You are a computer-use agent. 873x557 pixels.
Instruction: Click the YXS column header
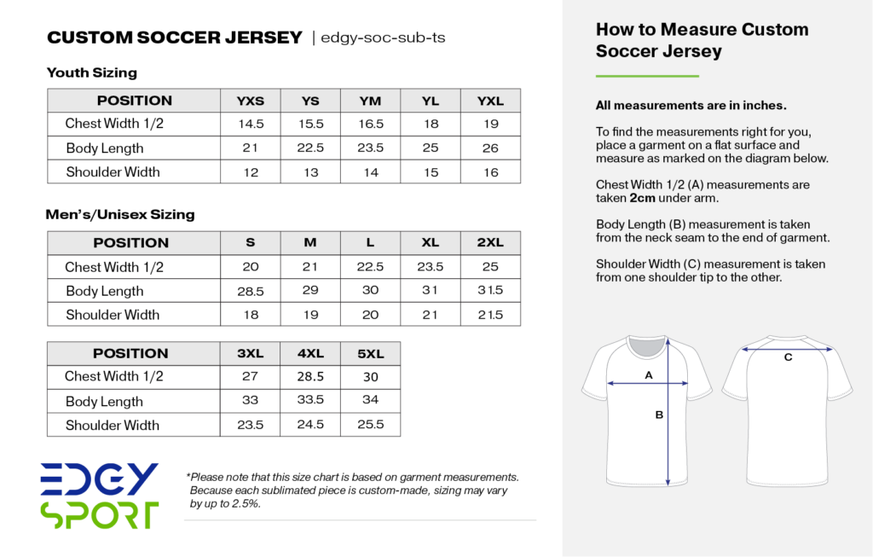[251, 101]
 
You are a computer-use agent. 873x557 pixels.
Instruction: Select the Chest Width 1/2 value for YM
[371, 124]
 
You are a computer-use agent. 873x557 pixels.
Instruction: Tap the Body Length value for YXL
[490, 148]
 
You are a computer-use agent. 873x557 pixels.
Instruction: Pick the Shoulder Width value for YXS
[251, 172]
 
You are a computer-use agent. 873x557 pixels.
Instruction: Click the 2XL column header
[490, 242]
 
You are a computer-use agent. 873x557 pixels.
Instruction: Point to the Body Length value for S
[251, 291]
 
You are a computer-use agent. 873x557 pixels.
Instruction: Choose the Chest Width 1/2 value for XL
[431, 267]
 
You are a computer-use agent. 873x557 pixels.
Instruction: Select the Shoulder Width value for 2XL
[490, 315]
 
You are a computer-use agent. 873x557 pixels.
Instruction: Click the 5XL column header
[371, 353]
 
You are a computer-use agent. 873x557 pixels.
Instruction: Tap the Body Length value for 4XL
[310, 401]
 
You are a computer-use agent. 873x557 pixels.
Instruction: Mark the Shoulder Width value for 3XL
[251, 425]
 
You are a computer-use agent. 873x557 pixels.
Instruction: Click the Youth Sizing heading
[92, 73]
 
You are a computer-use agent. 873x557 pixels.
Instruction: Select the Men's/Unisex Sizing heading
[120, 214]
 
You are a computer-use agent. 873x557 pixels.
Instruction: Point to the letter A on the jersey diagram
[648, 374]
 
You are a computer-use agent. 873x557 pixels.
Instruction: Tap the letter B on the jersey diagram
[659, 415]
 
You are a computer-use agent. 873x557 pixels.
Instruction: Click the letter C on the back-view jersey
[788, 357]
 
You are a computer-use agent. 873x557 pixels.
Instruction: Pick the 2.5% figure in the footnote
[245, 503]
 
